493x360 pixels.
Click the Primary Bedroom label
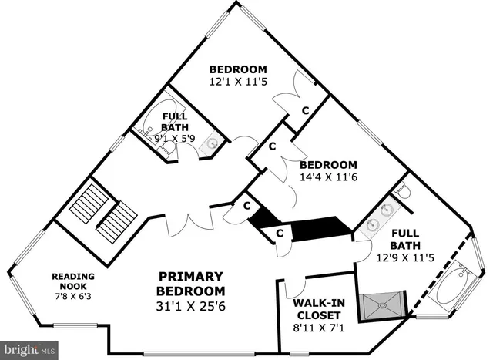(190, 284)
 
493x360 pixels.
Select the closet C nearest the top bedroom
(305, 110)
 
